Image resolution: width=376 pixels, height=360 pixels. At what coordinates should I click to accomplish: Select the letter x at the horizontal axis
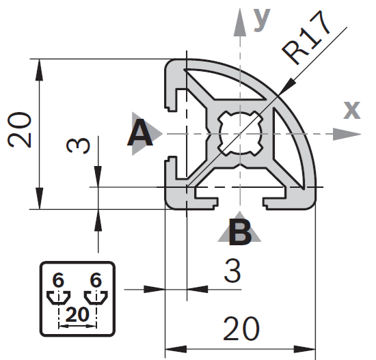click(x=352, y=110)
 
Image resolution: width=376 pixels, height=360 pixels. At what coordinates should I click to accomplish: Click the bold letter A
click(x=139, y=133)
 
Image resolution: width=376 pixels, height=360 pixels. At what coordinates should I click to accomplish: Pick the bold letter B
click(x=240, y=232)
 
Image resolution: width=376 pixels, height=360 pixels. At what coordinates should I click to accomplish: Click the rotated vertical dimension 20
click(x=19, y=130)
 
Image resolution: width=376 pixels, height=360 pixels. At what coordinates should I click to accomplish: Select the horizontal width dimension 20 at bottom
click(x=241, y=329)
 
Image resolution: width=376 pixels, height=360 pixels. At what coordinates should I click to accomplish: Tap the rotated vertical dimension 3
click(x=78, y=146)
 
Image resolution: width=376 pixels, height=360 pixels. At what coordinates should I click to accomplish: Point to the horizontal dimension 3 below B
click(x=232, y=271)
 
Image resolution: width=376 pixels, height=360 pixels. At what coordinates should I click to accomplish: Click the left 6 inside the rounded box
click(x=58, y=281)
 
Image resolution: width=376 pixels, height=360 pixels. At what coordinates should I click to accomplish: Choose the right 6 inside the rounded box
click(x=96, y=281)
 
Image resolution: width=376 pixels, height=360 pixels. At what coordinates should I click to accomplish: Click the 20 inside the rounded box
click(x=77, y=314)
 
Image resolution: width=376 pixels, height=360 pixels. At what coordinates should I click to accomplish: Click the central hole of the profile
click(x=240, y=133)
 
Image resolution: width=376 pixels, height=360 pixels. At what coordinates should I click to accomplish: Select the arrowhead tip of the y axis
click(x=240, y=9)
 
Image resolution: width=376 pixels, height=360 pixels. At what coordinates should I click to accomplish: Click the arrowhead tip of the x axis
click(x=361, y=134)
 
